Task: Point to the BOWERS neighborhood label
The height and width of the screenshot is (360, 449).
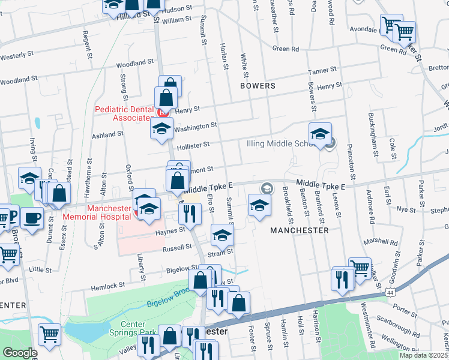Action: [x=257, y=86]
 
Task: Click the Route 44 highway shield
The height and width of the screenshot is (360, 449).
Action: [x=391, y=292]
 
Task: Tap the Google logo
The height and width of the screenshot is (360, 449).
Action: [x=19, y=353]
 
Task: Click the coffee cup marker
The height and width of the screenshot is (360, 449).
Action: [x=32, y=217]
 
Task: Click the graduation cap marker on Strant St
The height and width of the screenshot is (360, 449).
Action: [x=221, y=236]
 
